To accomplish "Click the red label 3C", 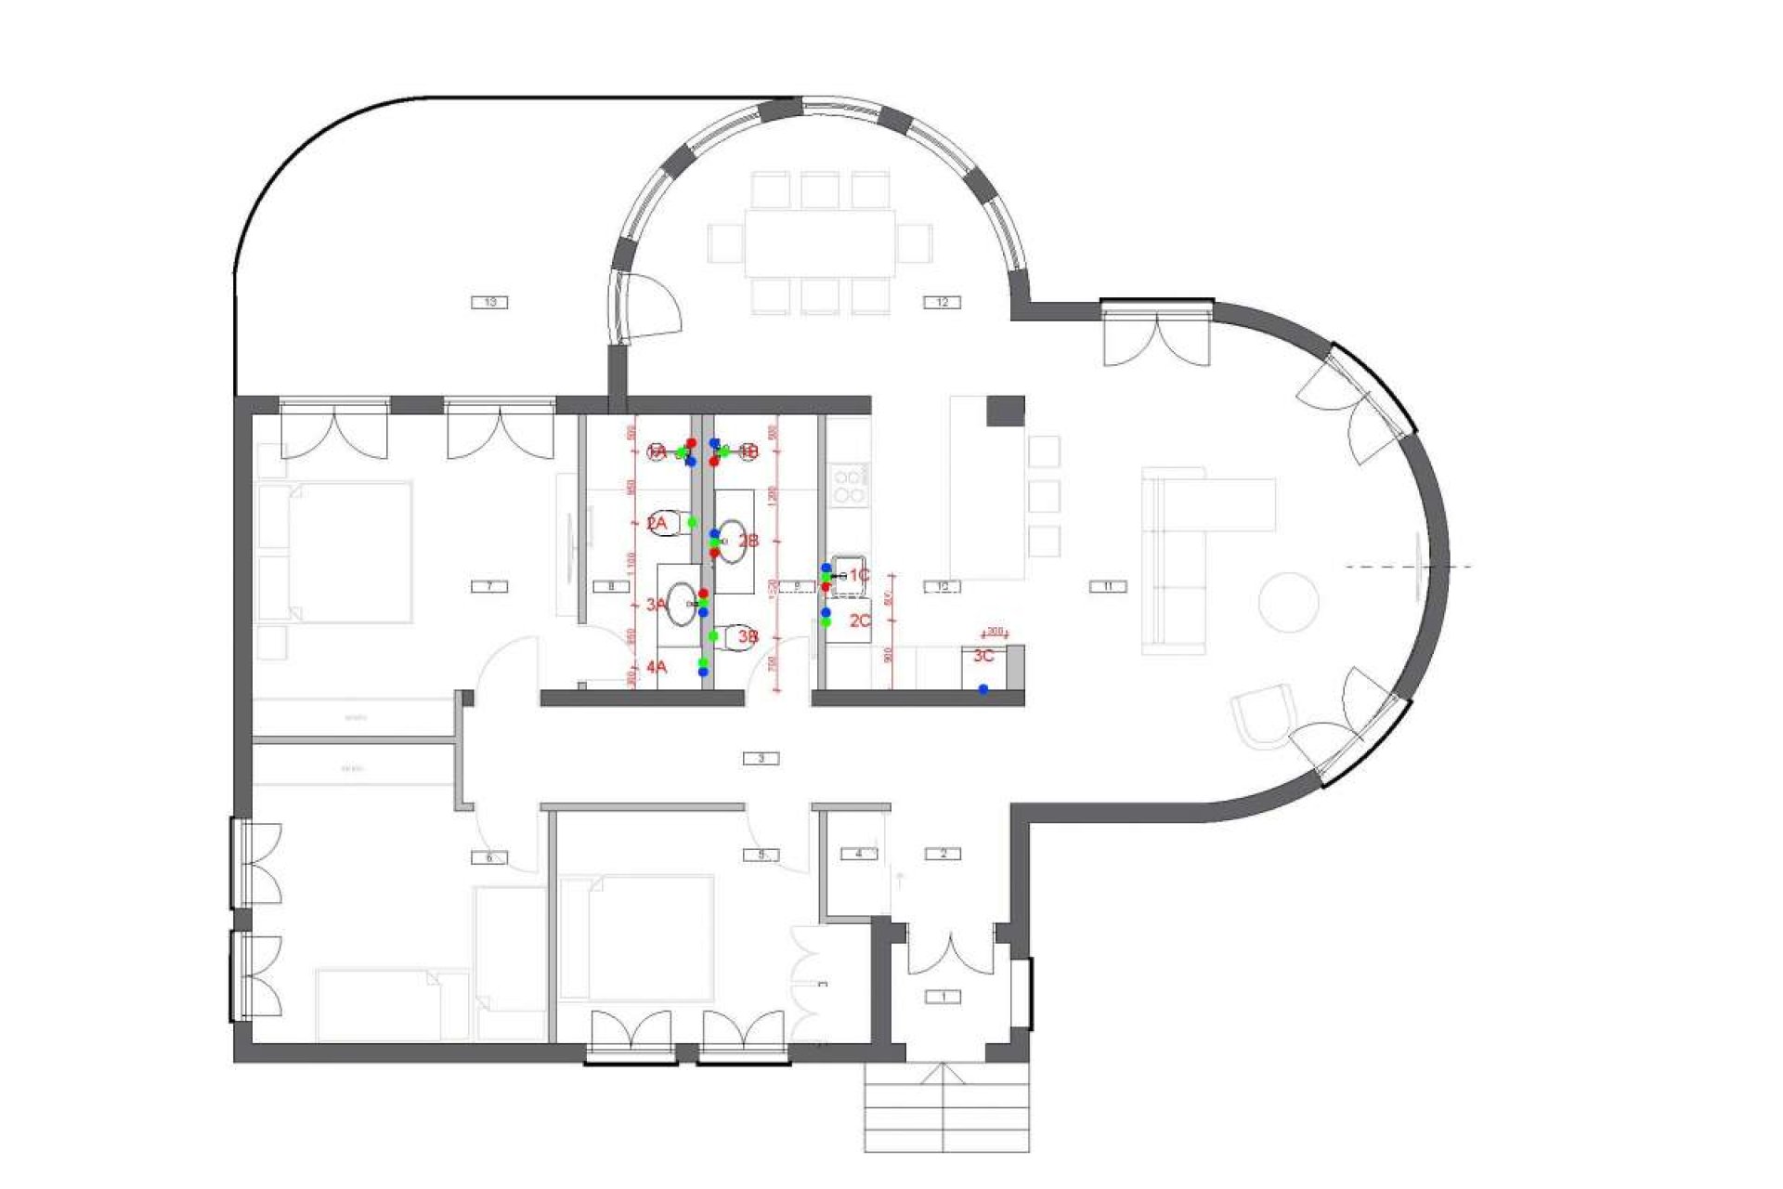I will click(x=983, y=656).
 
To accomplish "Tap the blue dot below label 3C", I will click(x=983, y=689).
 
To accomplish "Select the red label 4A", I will click(x=657, y=667).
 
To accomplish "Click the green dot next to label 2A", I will click(x=692, y=523).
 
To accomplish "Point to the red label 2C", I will click(x=860, y=621).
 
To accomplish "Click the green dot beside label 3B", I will click(x=713, y=636).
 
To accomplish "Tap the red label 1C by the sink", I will click(x=859, y=576).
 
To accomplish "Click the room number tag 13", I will click(x=490, y=302).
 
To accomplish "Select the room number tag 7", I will click(x=489, y=586).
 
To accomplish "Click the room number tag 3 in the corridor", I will click(x=761, y=758).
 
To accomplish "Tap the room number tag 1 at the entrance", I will click(x=944, y=997).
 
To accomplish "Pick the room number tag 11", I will click(x=1108, y=586).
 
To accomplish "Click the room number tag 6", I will click(x=489, y=857).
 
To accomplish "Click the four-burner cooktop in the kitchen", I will click(x=847, y=486).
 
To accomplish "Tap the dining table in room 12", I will click(x=819, y=243).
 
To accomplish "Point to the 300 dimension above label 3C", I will click(x=995, y=632).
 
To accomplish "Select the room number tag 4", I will click(x=859, y=853).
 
